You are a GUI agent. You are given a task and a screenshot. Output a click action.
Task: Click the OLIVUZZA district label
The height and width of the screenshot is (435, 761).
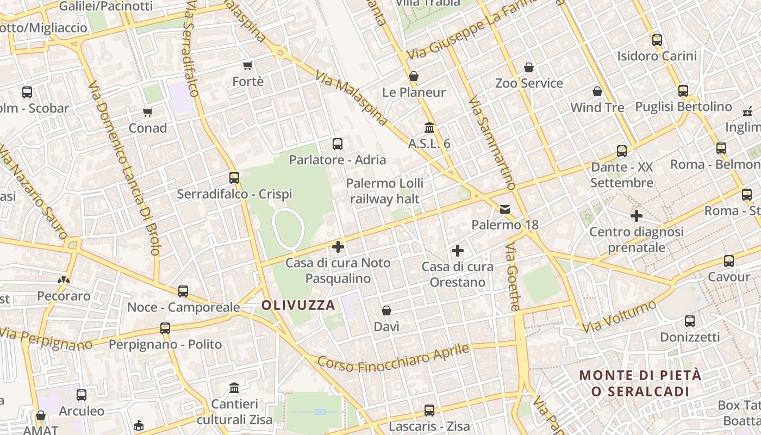click(298, 305)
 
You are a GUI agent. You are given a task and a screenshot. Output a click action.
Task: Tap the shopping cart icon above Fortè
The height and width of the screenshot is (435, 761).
click(248, 66)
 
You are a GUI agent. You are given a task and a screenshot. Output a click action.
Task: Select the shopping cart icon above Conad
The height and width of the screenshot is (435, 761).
click(148, 112)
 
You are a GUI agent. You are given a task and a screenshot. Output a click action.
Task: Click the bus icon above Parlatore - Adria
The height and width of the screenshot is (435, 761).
click(338, 144)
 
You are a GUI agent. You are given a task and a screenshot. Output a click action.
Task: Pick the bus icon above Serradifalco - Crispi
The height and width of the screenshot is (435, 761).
click(234, 178)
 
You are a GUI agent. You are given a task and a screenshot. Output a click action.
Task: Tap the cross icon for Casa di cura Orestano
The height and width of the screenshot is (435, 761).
click(458, 251)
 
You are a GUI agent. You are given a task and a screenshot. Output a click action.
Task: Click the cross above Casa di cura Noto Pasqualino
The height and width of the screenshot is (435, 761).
click(338, 247)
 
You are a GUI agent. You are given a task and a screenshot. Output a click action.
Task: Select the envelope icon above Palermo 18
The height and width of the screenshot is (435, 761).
click(506, 209)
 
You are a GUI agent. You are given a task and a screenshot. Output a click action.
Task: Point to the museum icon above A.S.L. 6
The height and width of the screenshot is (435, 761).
click(429, 128)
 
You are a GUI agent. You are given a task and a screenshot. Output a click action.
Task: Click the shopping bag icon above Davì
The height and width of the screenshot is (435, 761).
click(386, 310)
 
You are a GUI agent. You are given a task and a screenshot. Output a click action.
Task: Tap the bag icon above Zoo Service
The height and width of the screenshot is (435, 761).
click(529, 67)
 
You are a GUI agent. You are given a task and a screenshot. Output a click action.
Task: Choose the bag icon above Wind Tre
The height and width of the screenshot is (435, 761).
click(597, 91)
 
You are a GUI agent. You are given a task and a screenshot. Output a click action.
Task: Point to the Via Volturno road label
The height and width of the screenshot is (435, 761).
click(619, 316)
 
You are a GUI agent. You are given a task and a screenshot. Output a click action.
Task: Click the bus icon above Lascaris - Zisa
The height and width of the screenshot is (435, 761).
click(429, 411)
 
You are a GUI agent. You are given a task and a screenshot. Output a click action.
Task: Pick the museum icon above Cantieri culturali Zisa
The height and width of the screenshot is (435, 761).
click(234, 388)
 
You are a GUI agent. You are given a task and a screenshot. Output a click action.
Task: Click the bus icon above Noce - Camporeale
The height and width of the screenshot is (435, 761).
click(183, 291)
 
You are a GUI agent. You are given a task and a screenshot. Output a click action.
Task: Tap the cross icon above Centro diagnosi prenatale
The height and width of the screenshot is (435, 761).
click(637, 216)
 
